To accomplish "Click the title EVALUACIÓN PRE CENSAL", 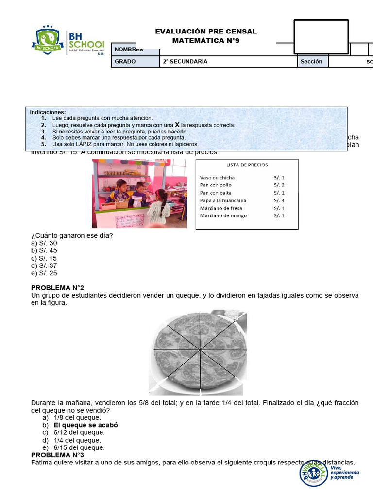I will click(x=206, y=32).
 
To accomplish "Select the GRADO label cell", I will click(x=125, y=62).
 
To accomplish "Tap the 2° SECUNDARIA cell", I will click(x=185, y=62).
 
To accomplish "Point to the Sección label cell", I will click(x=311, y=62).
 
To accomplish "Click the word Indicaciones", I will click(x=48, y=112).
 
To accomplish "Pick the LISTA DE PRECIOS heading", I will click(x=247, y=165).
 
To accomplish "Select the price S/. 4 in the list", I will click(x=279, y=200).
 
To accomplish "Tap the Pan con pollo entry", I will click(x=216, y=185).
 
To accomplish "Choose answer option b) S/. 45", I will click(x=44, y=251).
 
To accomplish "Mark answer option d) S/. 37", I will click(x=44, y=265).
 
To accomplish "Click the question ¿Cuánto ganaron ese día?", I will click(x=72, y=236).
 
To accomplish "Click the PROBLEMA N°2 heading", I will click(x=58, y=288).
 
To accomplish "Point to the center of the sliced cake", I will click(x=200, y=350).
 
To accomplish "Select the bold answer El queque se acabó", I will click(x=85, y=425).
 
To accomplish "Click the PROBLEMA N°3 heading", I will click(x=58, y=455).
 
